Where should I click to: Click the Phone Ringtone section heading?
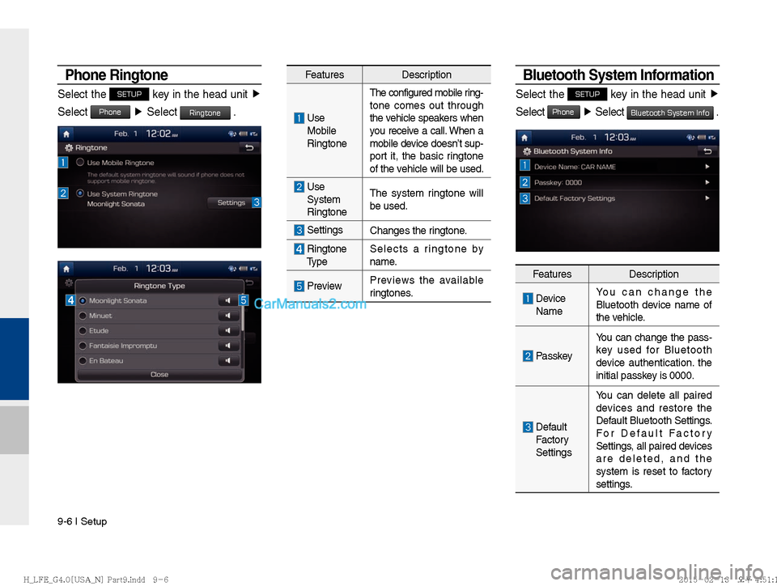(x=117, y=75)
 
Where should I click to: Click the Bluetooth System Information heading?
(x=618, y=75)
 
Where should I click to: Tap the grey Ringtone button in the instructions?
(x=205, y=113)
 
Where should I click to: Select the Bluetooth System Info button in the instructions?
(x=670, y=113)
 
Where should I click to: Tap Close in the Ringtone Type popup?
(x=159, y=375)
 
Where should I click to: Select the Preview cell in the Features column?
(x=324, y=286)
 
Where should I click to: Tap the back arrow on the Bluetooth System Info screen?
(x=707, y=151)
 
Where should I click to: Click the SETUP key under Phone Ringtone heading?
(x=129, y=94)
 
